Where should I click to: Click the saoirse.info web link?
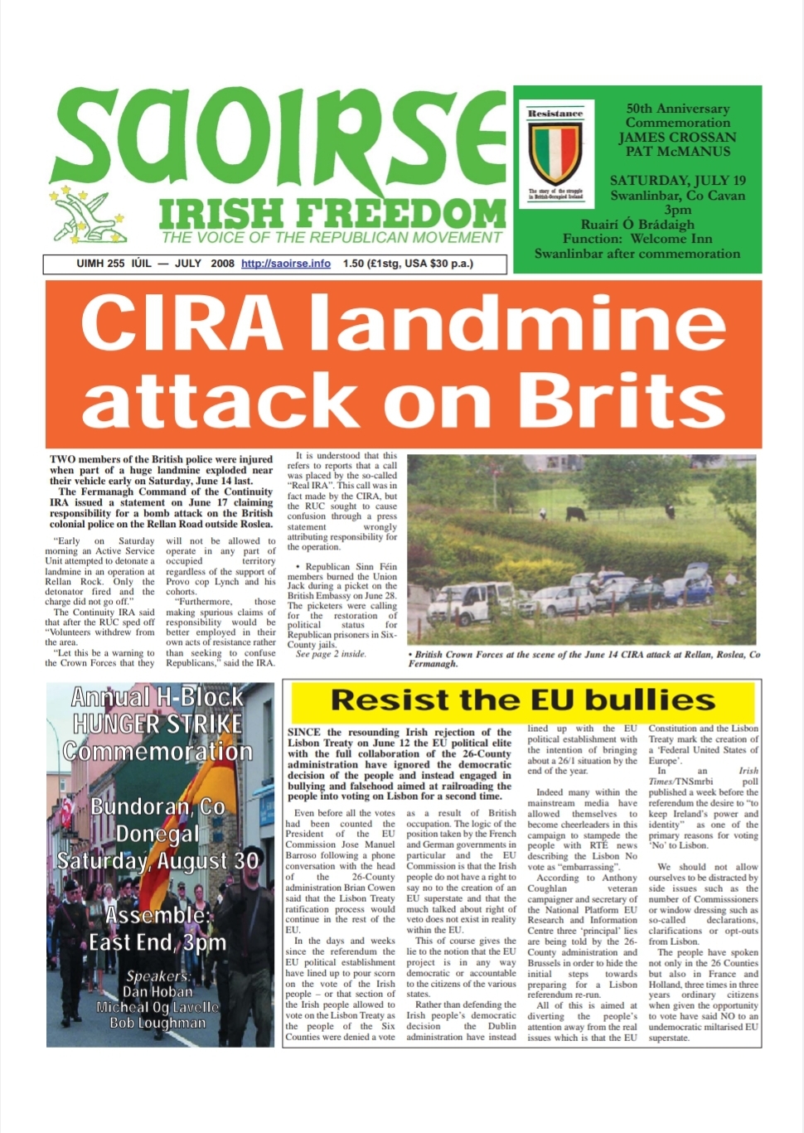pos(285,264)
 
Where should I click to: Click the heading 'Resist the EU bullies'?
pos(522,700)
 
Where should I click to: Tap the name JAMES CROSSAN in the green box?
pos(677,138)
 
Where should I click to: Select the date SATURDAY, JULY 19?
pos(677,181)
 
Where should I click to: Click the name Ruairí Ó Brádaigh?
pos(637,224)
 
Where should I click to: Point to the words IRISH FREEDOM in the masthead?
pos(332,215)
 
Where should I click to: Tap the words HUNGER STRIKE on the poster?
pos(157,724)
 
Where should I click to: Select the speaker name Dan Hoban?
pos(157,991)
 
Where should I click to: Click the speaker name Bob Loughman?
pos(157,1023)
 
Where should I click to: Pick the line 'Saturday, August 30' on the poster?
pos(157,861)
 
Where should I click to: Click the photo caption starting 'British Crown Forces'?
pos(584,659)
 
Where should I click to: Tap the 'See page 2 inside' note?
pos(330,654)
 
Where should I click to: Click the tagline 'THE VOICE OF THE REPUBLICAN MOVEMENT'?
pos(332,238)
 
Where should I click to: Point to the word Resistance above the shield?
pos(555,114)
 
